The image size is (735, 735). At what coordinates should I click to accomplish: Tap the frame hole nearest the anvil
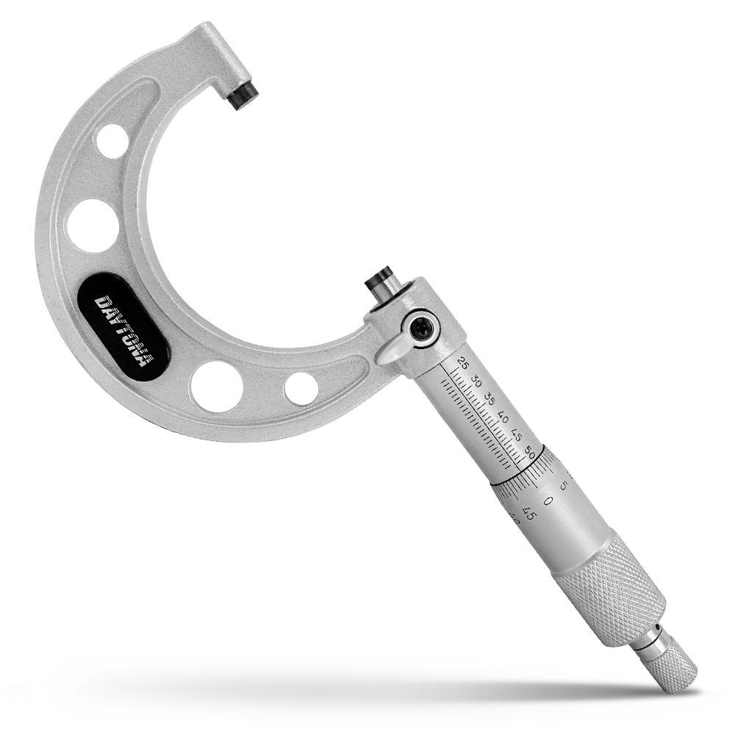pyautogui.click(x=113, y=138)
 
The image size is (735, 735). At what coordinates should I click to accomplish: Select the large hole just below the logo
pyautogui.click(x=216, y=385)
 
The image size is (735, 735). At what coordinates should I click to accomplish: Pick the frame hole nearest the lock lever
pyautogui.click(x=301, y=389)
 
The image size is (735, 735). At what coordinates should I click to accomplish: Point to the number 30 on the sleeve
pyautogui.click(x=476, y=381)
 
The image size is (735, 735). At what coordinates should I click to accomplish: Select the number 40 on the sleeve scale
pyautogui.click(x=503, y=418)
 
